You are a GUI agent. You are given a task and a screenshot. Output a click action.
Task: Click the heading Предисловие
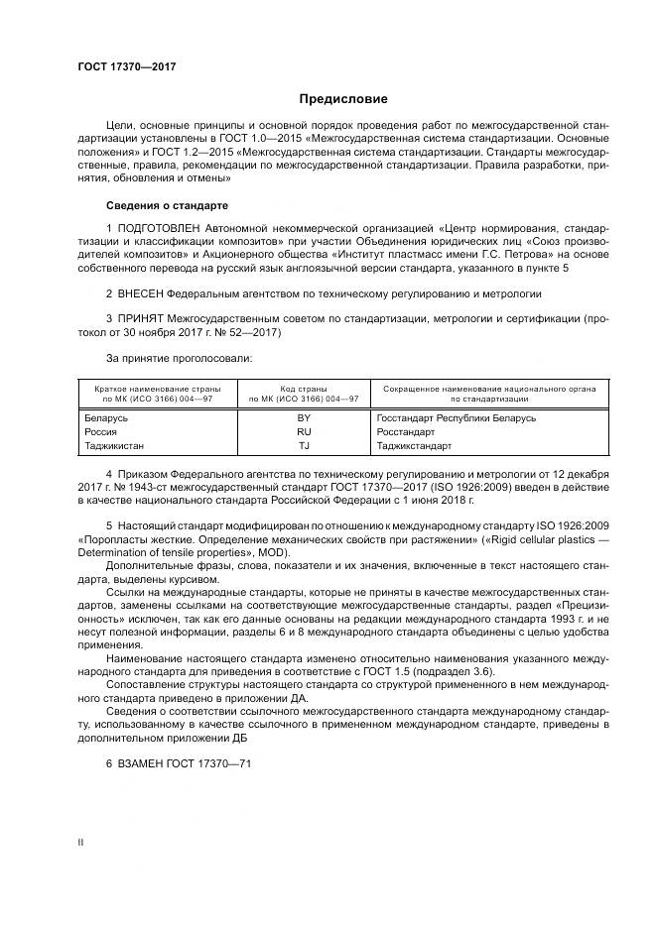[x=343, y=99]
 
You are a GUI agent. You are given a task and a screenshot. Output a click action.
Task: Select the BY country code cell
[x=304, y=418]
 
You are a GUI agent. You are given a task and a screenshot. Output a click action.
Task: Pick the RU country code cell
[x=304, y=433]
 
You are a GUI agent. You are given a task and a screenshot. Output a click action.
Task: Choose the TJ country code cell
[x=304, y=447]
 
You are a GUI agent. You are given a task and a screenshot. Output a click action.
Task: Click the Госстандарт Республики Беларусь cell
[x=456, y=418]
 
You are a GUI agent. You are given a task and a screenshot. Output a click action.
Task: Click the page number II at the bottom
[x=80, y=843]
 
